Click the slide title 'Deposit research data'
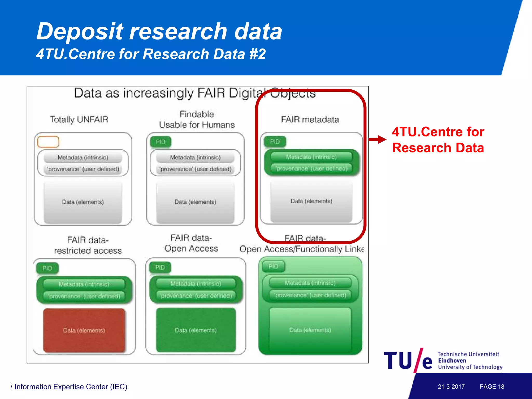[159, 31]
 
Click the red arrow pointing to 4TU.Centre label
[378, 139]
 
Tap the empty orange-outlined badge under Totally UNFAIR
[48, 142]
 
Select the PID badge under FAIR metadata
[275, 142]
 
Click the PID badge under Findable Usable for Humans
[161, 142]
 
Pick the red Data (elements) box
[84, 330]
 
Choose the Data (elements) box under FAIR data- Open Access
[196, 330]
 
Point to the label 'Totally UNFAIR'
[79, 119]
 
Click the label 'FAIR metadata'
[310, 119]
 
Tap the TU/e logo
[408, 360]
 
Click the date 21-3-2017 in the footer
[451, 387]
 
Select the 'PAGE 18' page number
[492, 387]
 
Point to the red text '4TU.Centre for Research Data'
[438, 140]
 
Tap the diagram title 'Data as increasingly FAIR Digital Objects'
[195, 93]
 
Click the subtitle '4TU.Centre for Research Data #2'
[151, 54]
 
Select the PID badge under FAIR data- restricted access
[47, 268]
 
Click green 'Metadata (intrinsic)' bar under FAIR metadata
[311, 157]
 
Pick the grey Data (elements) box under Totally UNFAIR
[83, 202]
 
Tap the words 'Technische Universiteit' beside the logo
[468, 354]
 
